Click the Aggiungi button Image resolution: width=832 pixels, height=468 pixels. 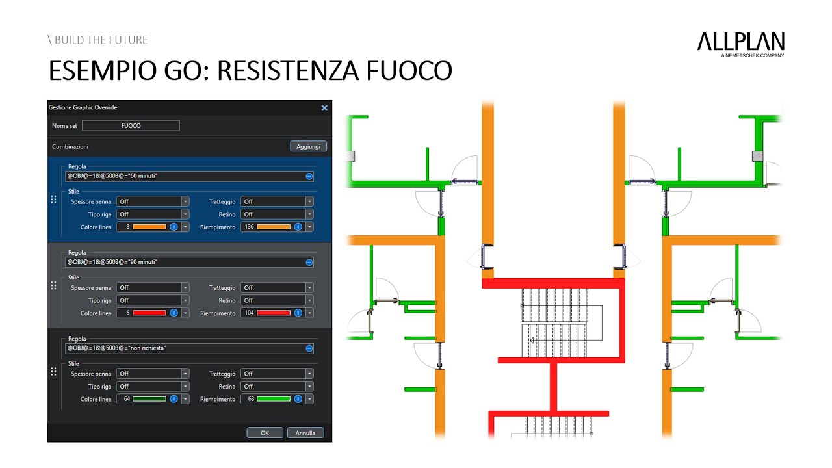(308, 146)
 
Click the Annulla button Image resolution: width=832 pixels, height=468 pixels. (305, 433)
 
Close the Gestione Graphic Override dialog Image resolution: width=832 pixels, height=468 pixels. (324, 108)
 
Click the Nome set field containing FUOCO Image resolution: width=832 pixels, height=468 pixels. (131, 126)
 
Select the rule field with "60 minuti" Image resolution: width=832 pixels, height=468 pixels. (186, 176)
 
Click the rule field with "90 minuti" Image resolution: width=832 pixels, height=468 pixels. (186, 262)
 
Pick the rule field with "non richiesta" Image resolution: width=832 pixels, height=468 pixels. (186, 348)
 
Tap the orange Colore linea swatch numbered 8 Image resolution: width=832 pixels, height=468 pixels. (149, 227)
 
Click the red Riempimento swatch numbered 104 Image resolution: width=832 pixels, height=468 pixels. (274, 313)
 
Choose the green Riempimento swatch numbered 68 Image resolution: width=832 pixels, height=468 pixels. (274, 399)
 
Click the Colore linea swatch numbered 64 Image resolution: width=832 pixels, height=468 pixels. (149, 399)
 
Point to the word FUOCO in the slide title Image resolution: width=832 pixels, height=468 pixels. (409, 71)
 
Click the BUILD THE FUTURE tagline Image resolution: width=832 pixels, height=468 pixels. (97, 40)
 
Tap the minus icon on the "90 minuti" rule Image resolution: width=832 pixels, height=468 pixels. (309, 263)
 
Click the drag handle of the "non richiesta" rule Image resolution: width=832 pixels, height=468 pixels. (53, 372)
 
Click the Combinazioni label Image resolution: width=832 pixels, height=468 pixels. (70, 147)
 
